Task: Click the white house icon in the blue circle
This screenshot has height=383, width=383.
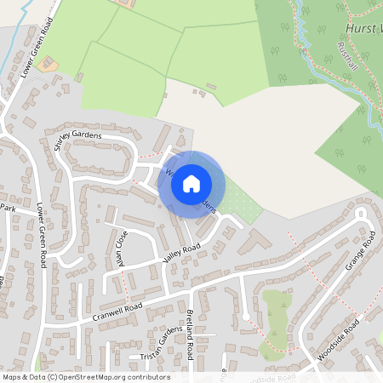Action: point(191,182)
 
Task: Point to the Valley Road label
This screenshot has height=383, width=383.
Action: point(181,253)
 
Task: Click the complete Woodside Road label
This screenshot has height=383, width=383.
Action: point(340,340)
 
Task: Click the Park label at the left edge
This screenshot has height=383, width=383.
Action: point(8,207)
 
